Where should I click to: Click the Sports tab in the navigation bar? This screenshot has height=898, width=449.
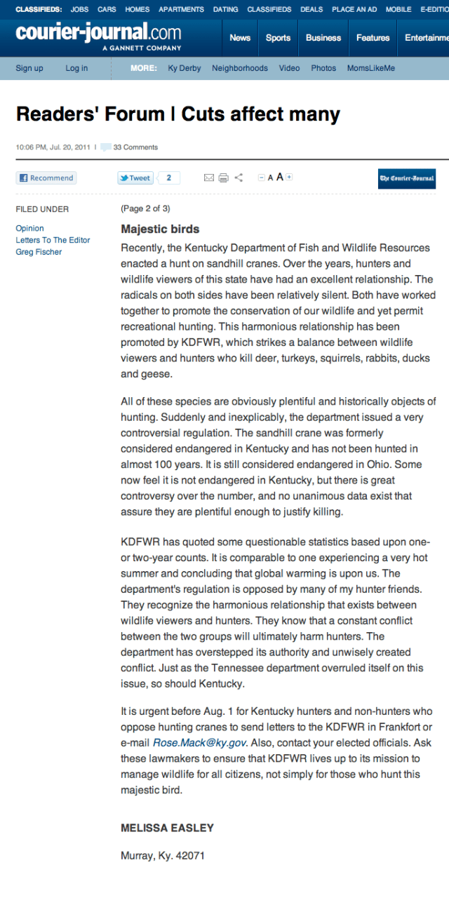278,38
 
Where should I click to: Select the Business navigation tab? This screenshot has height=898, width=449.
323,38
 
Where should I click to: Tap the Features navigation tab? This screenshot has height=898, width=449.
373,38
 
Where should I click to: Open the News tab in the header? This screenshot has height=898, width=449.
240,38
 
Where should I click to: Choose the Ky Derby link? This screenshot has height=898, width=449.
185,68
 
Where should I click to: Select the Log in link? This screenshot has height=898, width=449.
76,68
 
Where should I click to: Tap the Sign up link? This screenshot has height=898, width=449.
29,68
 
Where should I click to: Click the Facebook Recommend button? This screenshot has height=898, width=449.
46,178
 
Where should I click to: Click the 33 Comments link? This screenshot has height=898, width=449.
135,147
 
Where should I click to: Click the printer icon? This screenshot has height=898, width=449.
223,178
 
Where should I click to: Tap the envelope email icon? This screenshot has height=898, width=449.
208,178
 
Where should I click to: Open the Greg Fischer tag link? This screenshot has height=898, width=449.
39,252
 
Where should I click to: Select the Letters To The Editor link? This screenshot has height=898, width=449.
53,240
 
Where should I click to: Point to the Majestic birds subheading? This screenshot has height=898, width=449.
160,229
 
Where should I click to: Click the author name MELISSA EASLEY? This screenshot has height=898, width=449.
167,828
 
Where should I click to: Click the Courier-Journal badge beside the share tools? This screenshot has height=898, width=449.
407,178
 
